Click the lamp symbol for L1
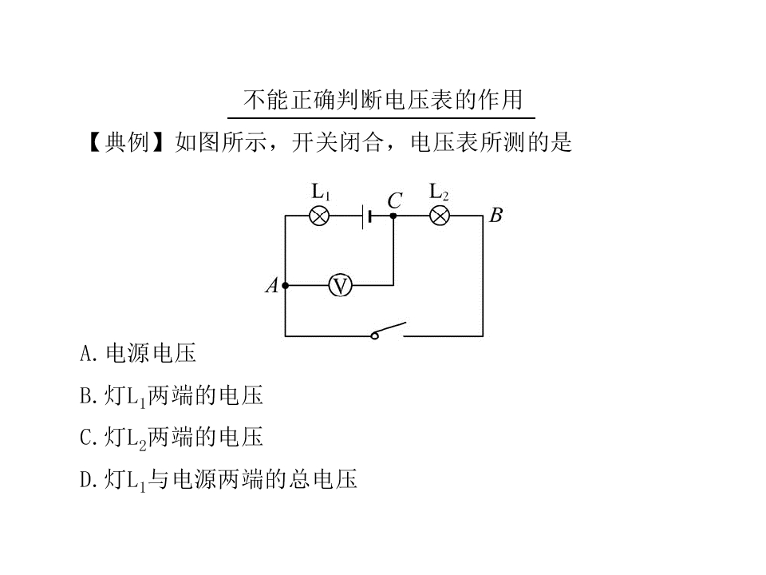[319, 216]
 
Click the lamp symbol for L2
[439, 216]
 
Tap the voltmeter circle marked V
[340, 286]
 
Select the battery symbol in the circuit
[366, 216]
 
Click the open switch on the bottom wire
[389, 331]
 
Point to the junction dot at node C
[393, 216]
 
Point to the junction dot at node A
[286, 286]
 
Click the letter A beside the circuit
[271, 286]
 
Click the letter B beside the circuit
[496, 215]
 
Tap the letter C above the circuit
[395, 201]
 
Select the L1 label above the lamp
[321, 192]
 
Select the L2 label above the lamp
[439, 192]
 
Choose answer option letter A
[85, 354]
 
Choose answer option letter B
[85, 395]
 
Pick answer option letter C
[85, 438]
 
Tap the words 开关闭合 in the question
[337, 142]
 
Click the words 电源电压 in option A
[151, 354]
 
